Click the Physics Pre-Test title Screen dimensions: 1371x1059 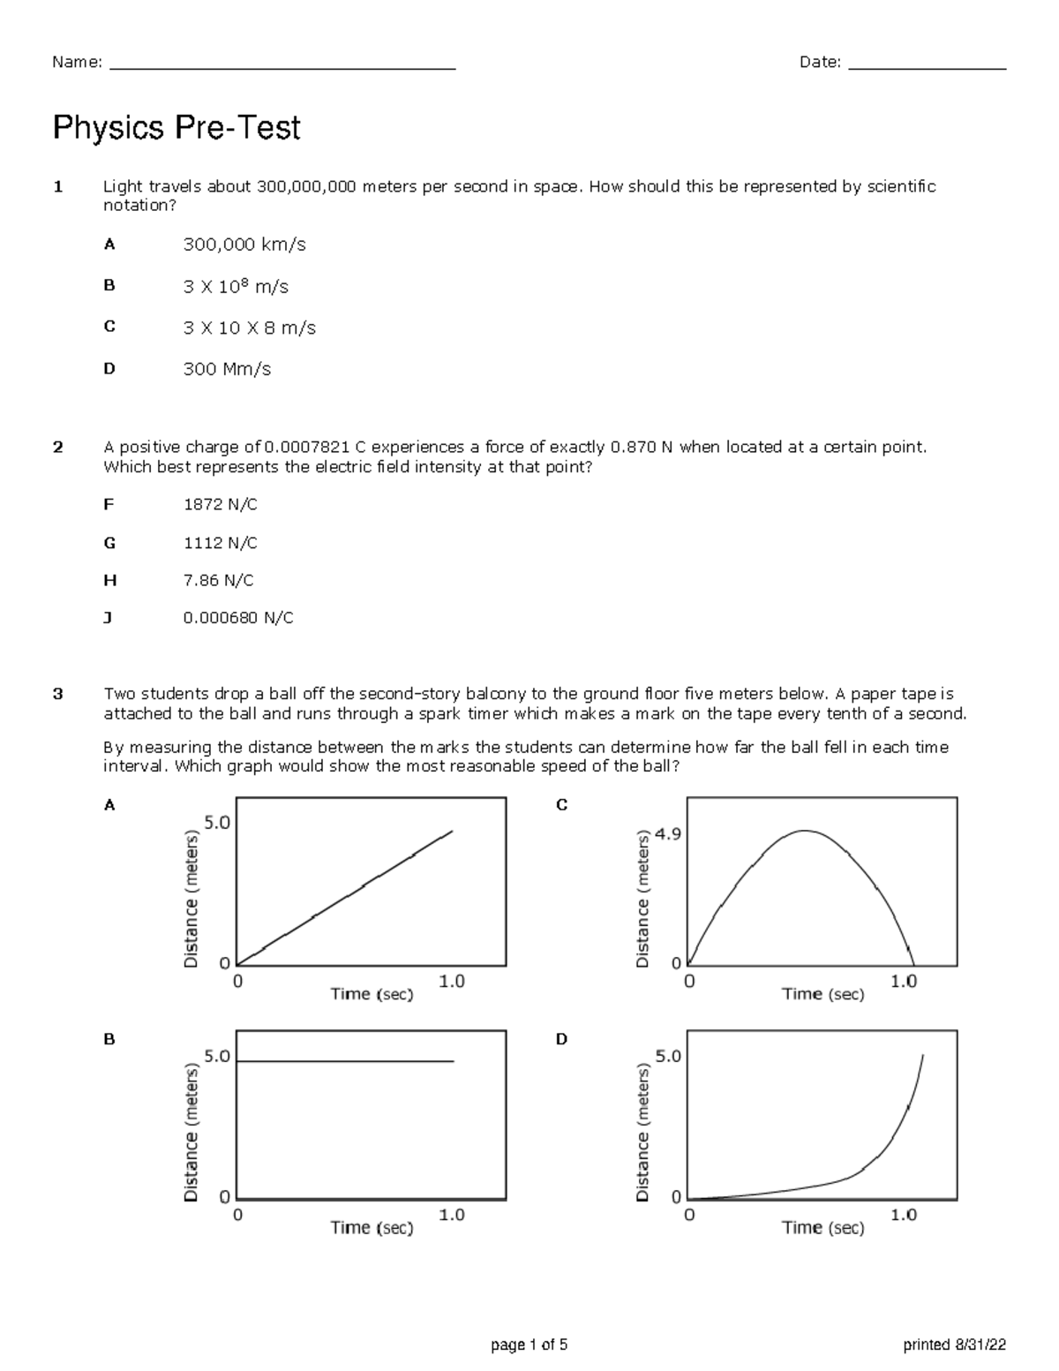(x=176, y=129)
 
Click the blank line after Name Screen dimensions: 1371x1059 (x=282, y=68)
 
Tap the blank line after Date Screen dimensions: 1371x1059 (x=927, y=68)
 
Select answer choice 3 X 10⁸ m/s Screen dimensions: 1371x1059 (x=236, y=286)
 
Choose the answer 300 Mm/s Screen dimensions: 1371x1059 (x=227, y=369)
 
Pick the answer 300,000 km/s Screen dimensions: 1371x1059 (x=244, y=245)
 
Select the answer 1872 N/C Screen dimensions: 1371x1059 (x=220, y=504)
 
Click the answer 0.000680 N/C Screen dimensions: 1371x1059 (x=237, y=618)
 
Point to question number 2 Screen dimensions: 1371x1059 (x=58, y=447)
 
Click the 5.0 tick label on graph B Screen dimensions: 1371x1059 (x=216, y=1056)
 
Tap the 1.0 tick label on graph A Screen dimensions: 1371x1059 (x=451, y=981)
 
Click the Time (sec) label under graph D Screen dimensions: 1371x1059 (x=822, y=1227)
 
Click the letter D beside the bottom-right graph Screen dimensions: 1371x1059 (x=561, y=1039)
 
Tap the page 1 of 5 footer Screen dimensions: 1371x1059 (x=529, y=1345)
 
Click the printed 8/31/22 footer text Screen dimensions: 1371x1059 (x=954, y=1345)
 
